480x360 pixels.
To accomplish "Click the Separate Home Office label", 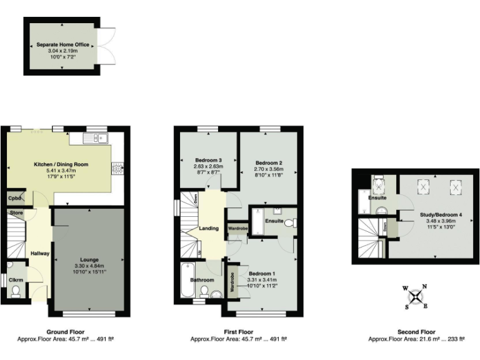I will point(62,45).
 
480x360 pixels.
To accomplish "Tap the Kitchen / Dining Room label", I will point(61,164).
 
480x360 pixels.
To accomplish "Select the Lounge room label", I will point(89,259).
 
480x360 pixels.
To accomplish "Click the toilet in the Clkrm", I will point(15,291).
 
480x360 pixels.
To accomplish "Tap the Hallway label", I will point(39,253).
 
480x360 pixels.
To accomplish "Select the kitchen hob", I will point(117,167).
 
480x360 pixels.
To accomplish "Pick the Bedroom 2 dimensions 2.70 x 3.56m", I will point(267,169).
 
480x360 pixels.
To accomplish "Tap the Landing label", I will point(209,228).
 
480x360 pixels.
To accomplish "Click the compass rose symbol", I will point(414,297).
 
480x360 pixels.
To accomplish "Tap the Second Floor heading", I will point(416,332).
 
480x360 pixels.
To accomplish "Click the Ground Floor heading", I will point(66,332).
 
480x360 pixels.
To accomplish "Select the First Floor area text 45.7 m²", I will point(239,339).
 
